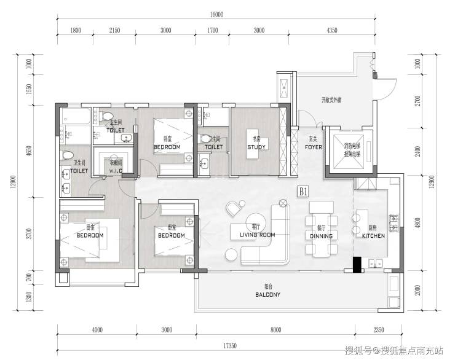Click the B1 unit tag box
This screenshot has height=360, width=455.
tap(303, 192)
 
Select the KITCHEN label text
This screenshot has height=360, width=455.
tap(373, 235)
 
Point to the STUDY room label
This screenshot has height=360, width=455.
tap(256, 147)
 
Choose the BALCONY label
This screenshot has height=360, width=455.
tap(267, 294)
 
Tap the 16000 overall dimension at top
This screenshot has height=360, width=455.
tap(216, 15)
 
